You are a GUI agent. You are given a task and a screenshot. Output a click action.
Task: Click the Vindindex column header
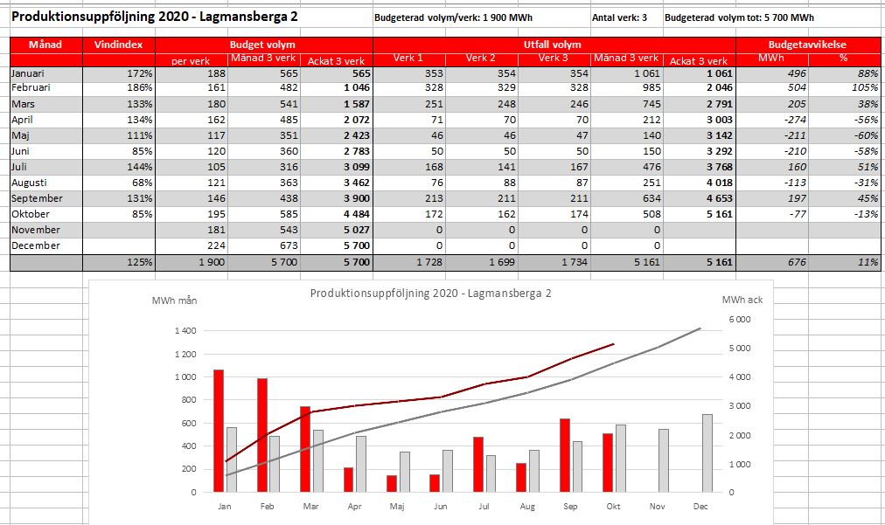click(119, 45)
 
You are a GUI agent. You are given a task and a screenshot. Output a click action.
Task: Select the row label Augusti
click(30, 183)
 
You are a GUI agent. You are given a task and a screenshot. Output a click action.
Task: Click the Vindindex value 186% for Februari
click(139, 87)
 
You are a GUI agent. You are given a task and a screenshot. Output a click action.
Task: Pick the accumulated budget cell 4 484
click(356, 214)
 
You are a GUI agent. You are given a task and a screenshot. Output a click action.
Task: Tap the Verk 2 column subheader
click(480, 58)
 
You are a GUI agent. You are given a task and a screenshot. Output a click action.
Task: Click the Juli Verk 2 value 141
click(506, 167)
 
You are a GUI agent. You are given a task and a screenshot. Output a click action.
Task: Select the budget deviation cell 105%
click(865, 87)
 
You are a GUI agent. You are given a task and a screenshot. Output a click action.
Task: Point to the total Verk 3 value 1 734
click(575, 262)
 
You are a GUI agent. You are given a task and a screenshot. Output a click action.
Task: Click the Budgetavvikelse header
click(807, 45)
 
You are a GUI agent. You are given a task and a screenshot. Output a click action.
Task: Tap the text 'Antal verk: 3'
click(619, 17)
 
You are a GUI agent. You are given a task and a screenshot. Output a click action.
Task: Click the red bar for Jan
click(219, 431)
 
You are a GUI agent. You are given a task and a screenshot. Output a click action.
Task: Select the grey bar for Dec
click(707, 453)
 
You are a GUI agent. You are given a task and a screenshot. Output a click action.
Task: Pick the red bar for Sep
click(565, 455)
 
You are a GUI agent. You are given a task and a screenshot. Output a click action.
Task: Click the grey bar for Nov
click(663, 460)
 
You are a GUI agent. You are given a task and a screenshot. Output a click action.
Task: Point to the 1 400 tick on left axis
click(185, 330)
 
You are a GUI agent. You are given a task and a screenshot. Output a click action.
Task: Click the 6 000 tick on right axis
click(740, 320)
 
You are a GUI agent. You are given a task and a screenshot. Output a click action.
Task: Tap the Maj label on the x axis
click(397, 507)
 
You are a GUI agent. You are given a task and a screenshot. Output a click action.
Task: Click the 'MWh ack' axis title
click(742, 300)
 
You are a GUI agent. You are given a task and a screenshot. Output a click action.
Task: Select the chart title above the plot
click(430, 294)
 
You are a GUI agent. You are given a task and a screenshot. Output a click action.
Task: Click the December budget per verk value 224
click(216, 245)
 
